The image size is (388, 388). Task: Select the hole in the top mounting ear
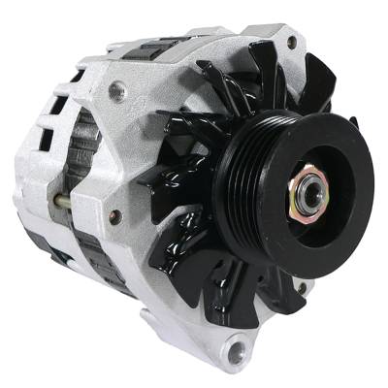292,42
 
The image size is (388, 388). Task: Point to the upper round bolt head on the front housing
117,90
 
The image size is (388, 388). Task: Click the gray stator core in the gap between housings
86,155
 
